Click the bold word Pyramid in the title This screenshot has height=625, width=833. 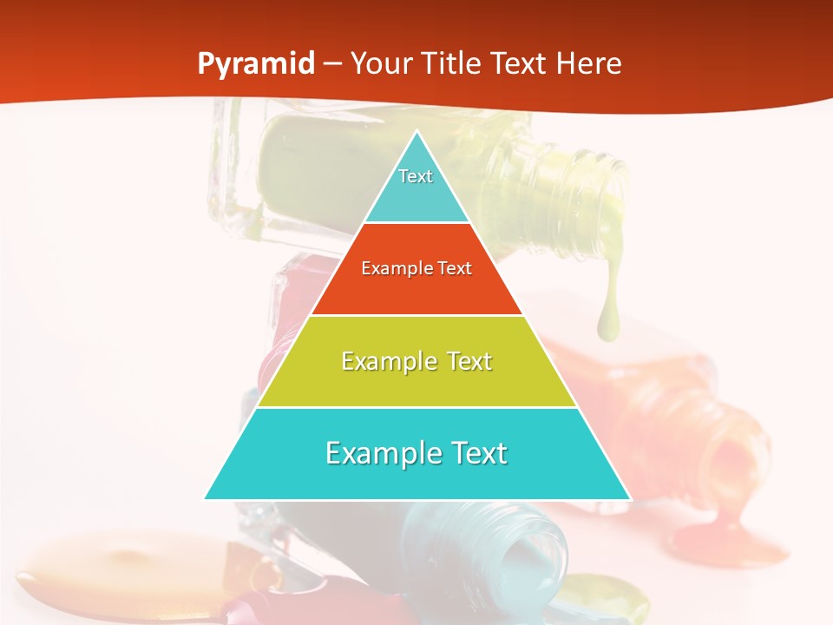(255, 64)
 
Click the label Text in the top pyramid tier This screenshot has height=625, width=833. (416, 176)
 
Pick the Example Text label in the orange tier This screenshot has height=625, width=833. (416, 268)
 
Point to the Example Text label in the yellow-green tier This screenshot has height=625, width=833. (416, 361)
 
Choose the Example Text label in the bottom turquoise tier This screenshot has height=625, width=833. (416, 453)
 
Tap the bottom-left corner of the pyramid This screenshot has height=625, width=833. (206, 498)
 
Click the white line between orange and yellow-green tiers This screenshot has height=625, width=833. (416, 315)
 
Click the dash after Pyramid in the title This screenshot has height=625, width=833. (331, 64)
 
